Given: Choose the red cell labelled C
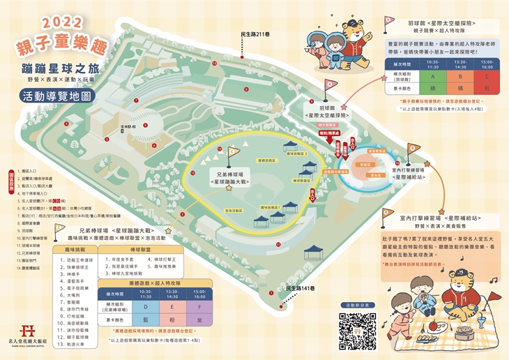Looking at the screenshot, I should coord(486,77).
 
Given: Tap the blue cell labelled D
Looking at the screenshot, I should coord(144,306).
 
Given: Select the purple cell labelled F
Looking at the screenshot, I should coord(199,306).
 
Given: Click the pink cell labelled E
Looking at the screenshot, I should coord(172,306).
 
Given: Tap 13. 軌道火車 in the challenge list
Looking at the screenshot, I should coord(78,343).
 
